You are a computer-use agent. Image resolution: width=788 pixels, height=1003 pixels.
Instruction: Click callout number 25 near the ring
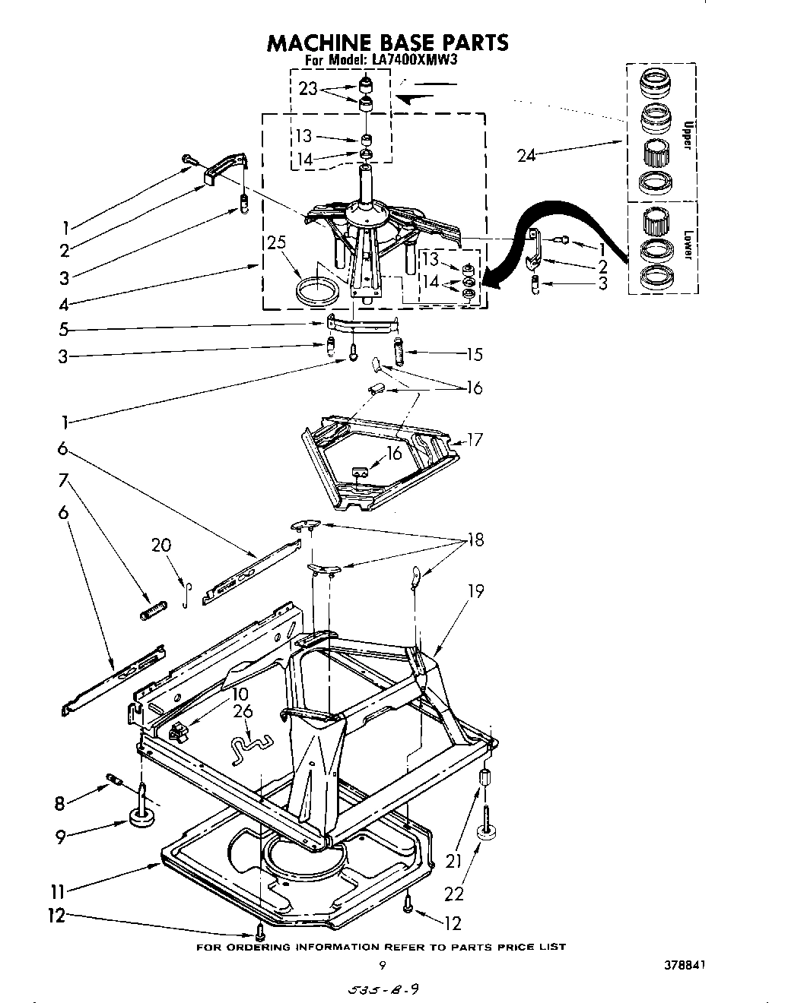tap(276, 244)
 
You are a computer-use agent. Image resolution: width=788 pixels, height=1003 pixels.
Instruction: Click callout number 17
tap(475, 439)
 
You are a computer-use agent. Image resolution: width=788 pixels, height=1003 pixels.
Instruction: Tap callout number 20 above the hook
tap(161, 545)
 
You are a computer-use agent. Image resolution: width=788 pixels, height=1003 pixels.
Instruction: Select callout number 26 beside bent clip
tap(243, 711)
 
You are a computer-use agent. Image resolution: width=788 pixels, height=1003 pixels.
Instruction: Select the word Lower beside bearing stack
tap(686, 245)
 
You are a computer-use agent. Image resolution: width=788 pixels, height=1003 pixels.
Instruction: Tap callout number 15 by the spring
tap(475, 354)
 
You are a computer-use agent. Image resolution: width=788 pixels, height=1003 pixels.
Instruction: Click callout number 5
tap(65, 330)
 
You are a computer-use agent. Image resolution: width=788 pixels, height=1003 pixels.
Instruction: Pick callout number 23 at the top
tap(308, 89)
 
